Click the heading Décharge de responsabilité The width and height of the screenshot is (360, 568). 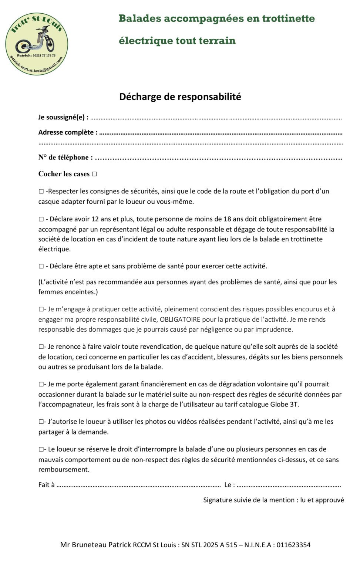(180, 97)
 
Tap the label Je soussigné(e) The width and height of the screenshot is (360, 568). (63, 117)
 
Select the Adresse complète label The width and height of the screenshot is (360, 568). (68, 132)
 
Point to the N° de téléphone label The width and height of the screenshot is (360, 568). (65, 158)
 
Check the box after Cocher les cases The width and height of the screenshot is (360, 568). (94, 174)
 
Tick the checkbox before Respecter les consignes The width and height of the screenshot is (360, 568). (41, 192)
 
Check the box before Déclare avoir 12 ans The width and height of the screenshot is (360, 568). (41, 219)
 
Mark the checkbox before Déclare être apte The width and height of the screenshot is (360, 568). (41, 266)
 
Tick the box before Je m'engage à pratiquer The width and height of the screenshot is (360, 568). (41, 309)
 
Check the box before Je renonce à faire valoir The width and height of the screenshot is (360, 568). (41, 347)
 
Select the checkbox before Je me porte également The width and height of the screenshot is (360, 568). (41, 385)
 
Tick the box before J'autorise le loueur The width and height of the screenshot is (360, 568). (41, 422)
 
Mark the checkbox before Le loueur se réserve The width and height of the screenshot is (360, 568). (41, 450)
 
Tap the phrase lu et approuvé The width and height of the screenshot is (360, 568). (322, 500)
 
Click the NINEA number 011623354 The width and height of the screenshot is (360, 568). (293, 545)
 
